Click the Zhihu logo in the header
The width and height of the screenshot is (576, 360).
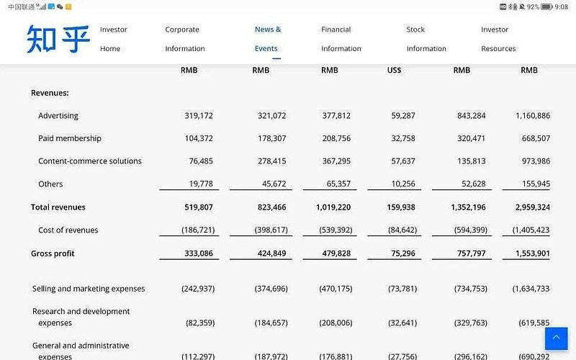pos(58,39)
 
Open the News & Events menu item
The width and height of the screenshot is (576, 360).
pos(267,39)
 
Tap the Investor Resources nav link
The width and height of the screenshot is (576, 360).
pos(498,39)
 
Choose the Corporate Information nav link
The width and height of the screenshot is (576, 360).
pos(185,39)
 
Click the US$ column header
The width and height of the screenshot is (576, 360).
pos(394,71)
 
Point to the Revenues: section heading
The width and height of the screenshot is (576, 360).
pos(50,93)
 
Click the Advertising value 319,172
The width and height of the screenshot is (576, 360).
pos(199,116)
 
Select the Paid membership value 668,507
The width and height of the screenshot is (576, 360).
pos(533,138)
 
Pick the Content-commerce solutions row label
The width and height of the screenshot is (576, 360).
pos(90,161)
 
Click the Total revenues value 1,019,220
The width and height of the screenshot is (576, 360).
pos(333,207)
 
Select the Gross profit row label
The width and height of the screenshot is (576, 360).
pos(53,253)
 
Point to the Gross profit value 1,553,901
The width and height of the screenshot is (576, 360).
pos(533,253)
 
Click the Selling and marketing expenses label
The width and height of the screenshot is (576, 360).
pos(89,289)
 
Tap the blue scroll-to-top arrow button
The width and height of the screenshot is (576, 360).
pos(556,338)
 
